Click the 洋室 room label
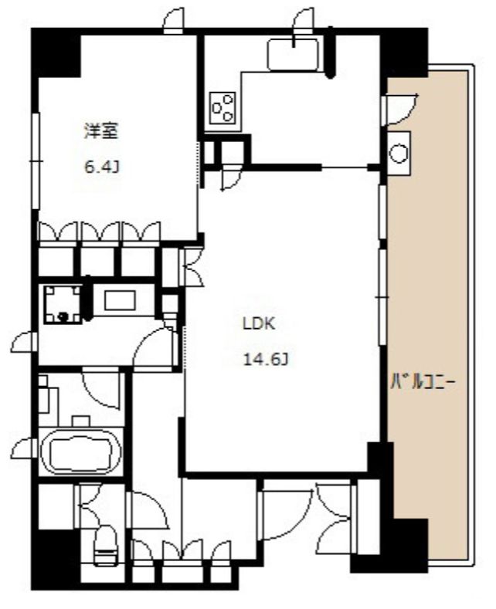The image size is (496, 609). tap(100, 132)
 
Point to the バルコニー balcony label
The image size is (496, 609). tap(420, 381)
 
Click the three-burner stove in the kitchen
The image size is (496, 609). tap(223, 108)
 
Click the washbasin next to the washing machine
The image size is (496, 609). tap(120, 300)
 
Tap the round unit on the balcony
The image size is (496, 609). tap(399, 152)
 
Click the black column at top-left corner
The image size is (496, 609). tap(55, 52)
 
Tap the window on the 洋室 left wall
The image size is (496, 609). tap(35, 161)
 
